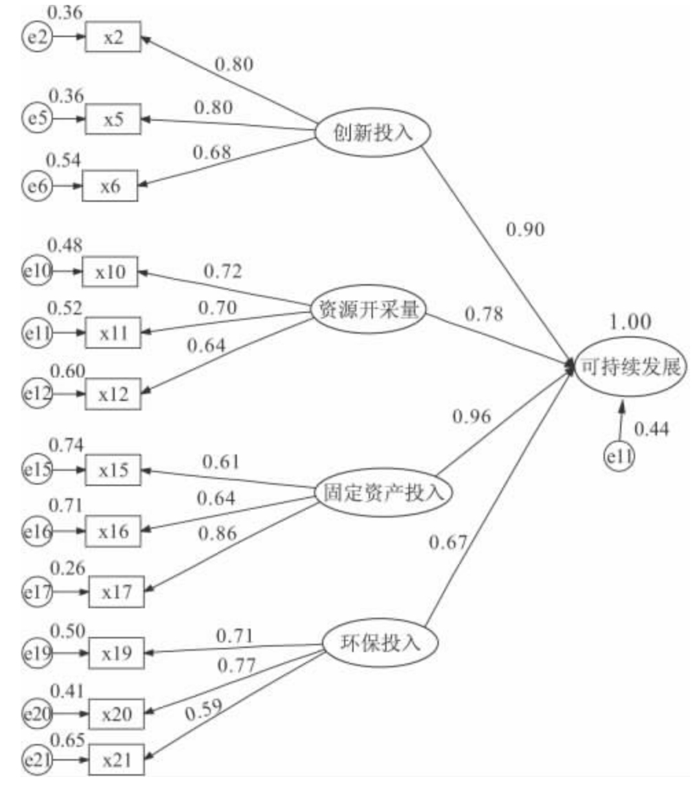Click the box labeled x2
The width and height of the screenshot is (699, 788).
pyautogui.click(x=113, y=37)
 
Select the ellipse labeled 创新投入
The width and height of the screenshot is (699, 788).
pyautogui.click(x=374, y=133)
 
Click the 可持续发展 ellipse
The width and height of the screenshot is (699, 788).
pyautogui.click(x=630, y=369)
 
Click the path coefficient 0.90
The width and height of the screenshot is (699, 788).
pyautogui.click(x=525, y=231)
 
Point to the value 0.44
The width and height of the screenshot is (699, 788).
pyautogui.click(x=652, y=430)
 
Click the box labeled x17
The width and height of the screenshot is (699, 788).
pyautogui.click(x=116, y=591)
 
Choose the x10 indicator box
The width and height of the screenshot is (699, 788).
pyautogui.click(x=111, y=271)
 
